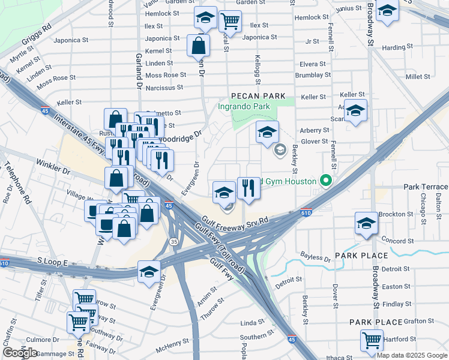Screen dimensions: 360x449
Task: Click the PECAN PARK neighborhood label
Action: [x=258, y=96]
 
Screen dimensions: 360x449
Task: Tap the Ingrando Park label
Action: [x=245, y=106]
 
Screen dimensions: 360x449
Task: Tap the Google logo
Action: [x=20, y=353]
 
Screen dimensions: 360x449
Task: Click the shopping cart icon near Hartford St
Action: [x=372, y=340]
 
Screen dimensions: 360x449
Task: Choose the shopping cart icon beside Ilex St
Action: [x=230, y=21]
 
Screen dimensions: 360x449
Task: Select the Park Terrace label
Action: [x=426, y=187]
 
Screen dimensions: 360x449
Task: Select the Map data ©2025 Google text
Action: [x=411, y=355]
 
